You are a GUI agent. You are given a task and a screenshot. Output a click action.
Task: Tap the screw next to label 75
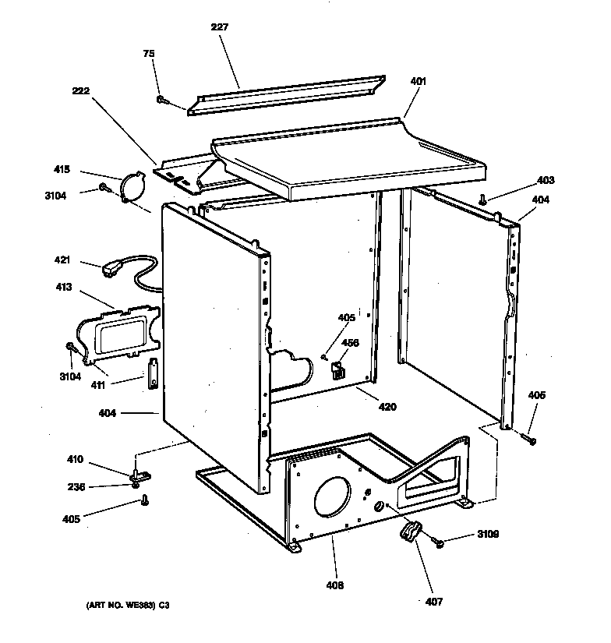tap(162, 100)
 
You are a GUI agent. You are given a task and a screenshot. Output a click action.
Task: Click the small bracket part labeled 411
tap(154, 373)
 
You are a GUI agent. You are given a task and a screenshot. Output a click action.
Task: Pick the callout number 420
tap(387, 407)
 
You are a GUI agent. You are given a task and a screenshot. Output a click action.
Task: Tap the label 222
tap(80, 90)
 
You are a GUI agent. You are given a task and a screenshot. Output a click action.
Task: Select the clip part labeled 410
tap(140, 473)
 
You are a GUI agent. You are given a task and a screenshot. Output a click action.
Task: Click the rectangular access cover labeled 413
tap(123, 334)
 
